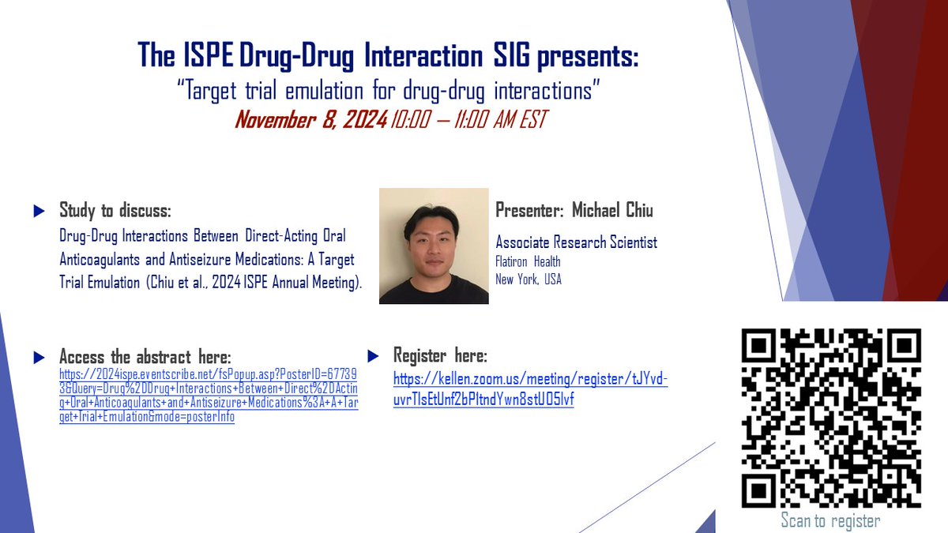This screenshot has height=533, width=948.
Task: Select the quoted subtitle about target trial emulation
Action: [389, 89]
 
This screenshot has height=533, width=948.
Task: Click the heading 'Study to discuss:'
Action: [115, 211]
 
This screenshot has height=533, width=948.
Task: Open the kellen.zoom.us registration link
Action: [530, 389]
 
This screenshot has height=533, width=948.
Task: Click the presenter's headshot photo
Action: [434, 246]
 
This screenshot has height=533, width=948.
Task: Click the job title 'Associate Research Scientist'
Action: [576, 242]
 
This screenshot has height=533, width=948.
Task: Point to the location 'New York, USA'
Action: [529, 279]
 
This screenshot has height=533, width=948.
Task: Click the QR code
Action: [830, 418]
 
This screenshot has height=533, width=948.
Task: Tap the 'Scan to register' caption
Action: [830, 520]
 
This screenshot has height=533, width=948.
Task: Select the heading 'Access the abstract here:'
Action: [145, 358]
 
